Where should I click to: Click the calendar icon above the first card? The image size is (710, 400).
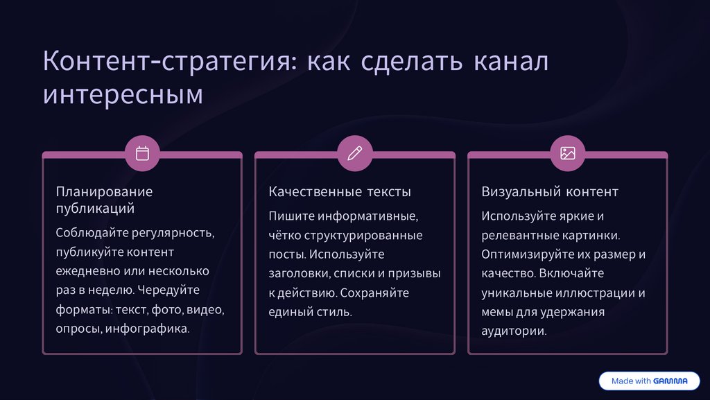pos(142,153)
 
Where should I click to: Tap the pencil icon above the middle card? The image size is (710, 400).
pos(354,153)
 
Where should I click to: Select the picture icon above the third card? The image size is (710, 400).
pos(568,153)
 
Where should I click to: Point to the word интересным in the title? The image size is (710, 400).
pos(123,94)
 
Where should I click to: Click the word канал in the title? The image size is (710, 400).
pos(510,61)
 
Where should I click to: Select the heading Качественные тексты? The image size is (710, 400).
pos(340,191)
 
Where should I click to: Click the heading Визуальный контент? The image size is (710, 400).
pos(550,191)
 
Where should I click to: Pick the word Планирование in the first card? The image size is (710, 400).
pos(104,191)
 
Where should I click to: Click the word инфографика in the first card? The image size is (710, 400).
pos(148,329)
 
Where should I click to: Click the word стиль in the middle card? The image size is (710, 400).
pos(333,312)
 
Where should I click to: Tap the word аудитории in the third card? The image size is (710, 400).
pos(514,331)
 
